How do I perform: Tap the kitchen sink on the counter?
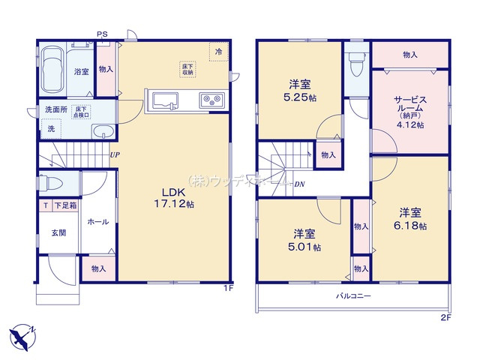click(x=163, y=100)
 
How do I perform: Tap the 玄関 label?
click(x=58, y=232)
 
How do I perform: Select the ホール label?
click(x=97, y=222)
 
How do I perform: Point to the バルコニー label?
click(x=352, y=296)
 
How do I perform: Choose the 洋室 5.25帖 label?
click(x=300, y=89)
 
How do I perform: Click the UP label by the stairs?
click(x=115, y=155)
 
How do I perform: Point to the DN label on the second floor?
click(x=299, y=184)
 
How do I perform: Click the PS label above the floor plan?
click(x=101, y=33)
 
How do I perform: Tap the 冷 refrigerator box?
click(x=218, y=52)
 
